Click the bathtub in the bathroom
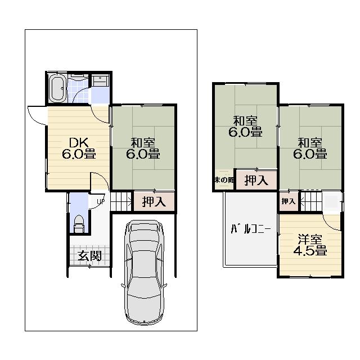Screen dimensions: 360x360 tap(57, 89)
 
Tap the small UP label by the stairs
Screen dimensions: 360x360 tap(100, 201)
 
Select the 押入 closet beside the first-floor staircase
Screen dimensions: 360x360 tap(153, 201)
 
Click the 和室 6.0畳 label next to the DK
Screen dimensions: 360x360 tap(143, 148)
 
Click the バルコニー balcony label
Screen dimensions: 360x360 tap(251, 229)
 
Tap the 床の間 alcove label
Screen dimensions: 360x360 tap(223, 180)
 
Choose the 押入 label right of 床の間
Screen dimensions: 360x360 tap(256, 181)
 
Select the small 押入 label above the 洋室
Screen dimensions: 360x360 tap(288, 201)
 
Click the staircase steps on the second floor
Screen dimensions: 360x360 tap(310, 201)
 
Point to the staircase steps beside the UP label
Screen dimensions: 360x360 tap(120, 201)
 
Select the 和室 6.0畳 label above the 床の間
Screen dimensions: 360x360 tap(245, 127)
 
